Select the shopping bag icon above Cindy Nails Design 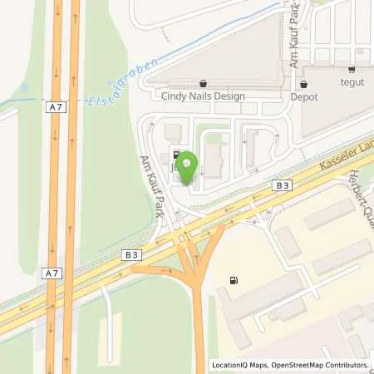204,83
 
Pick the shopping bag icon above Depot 303,83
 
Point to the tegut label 352,82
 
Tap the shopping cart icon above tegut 352,69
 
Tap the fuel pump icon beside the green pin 176,154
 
